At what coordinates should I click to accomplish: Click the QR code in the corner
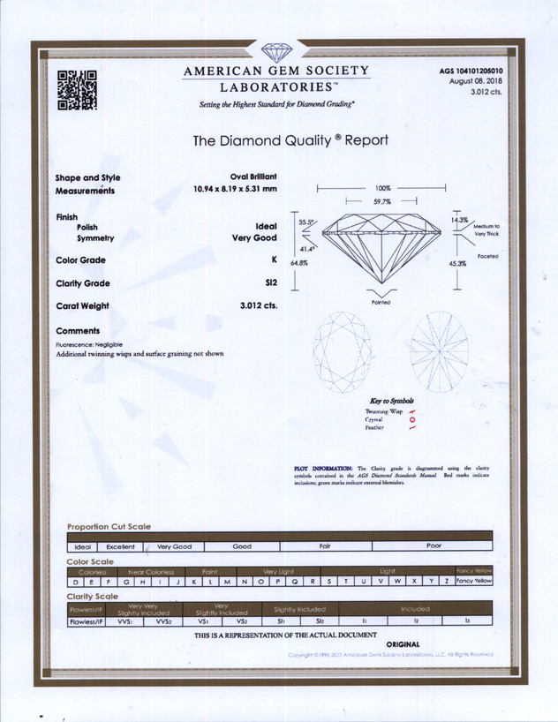[77, 90]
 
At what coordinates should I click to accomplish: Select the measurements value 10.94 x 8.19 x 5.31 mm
[235, 189]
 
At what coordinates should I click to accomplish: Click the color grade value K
[275, 260]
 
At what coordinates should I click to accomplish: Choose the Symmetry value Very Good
[254, 237]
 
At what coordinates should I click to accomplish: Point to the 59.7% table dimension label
[381, 202]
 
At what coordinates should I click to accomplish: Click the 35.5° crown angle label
[306, 222]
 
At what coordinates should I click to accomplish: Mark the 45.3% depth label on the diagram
[457, 263]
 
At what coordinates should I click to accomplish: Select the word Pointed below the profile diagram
[381, 302]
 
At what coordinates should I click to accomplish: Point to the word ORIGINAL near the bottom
[403, 644]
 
